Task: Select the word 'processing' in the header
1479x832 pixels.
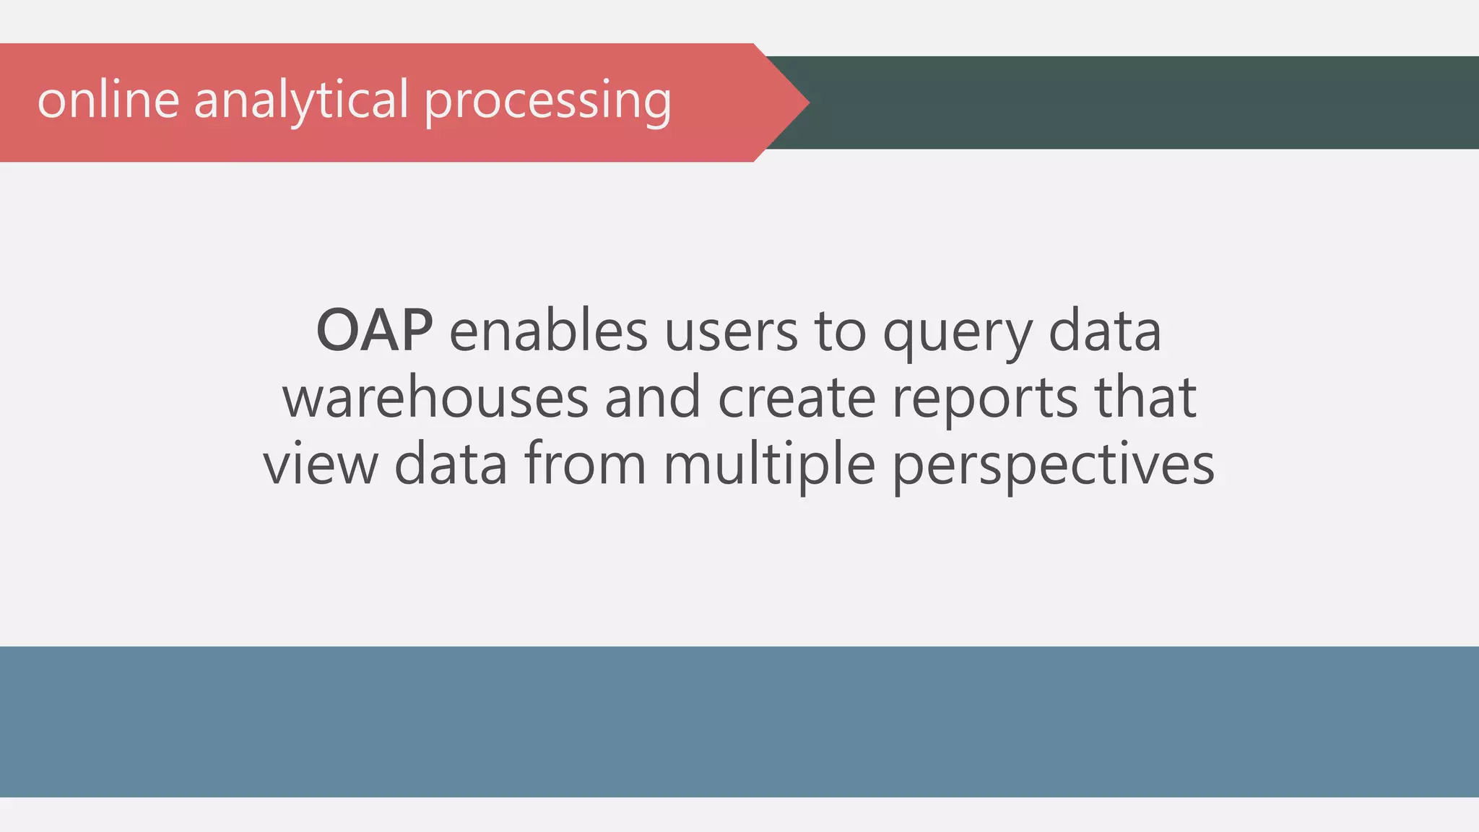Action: point(547,101)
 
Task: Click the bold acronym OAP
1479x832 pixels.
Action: point(374,331)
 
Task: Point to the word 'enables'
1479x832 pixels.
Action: point(548,331)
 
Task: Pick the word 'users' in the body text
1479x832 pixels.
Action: point(730,331)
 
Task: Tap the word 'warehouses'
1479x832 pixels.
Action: point(435,398)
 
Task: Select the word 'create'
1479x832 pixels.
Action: point(797,398)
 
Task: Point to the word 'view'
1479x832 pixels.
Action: point(321,464)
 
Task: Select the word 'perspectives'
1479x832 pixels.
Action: point(1054,467)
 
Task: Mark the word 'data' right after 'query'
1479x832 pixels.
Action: point(1104,331)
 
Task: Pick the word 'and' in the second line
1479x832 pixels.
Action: point(653,398)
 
